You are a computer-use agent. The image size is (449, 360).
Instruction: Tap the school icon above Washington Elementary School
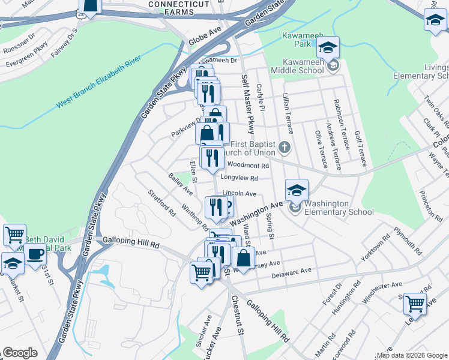(x=297, y=191)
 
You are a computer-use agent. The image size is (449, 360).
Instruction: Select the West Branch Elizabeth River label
(x=99, y=83)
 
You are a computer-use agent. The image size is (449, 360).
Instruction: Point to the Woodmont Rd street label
(x=248, y=165)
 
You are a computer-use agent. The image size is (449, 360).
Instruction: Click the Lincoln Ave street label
(x=240, y=194)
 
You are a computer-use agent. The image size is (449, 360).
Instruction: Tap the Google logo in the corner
(x=20, y=353)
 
